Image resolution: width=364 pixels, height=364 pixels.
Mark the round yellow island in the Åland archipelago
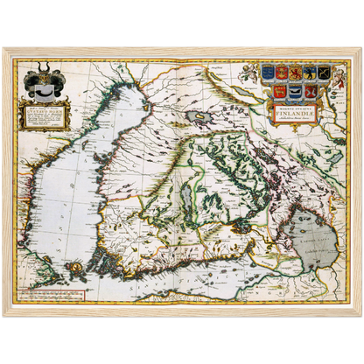pos(77,265)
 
